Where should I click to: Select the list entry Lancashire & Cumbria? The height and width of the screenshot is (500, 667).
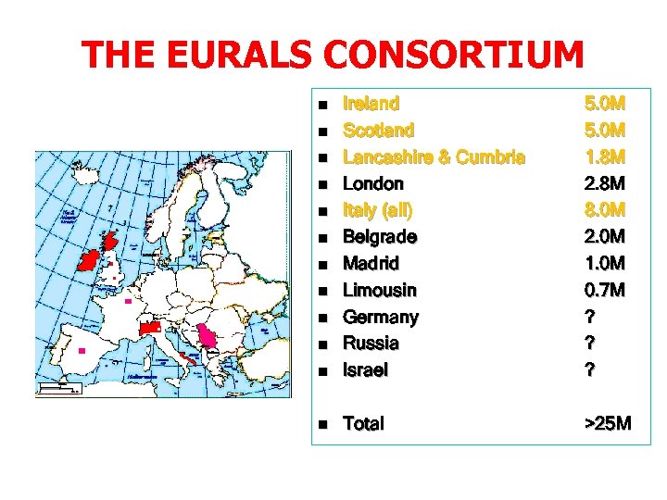click(434, 156)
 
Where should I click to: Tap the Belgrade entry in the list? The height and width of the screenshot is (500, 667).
click(380, 236)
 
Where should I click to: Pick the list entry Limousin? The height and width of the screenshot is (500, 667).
click(380, 290)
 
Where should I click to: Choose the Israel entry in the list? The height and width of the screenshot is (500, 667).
click(366, 369)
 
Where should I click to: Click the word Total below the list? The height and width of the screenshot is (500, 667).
click(364, 423)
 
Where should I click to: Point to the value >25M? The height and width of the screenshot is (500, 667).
click(608, 423)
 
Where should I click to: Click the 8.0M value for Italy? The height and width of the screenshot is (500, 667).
click(605, 209)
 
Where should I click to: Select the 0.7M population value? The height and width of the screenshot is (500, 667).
click(605, 290)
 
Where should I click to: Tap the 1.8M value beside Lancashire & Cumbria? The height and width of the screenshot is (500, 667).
click(605, 156)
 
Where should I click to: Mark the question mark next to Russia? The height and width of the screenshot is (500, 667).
click(588, 343)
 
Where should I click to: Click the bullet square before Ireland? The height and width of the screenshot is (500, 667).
click(322, 105)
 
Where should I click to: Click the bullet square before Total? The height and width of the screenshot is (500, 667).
click(322, 425)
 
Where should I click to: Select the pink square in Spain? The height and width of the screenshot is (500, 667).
click(82, 351)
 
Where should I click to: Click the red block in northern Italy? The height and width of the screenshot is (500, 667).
click(151, 328)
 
